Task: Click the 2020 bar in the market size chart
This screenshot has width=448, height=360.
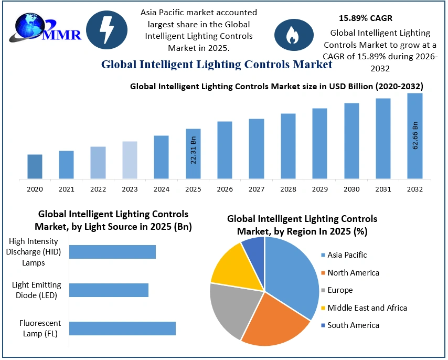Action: point(35,166)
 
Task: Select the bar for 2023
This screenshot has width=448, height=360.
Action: point(130,160)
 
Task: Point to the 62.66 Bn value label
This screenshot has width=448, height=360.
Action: point(415,136)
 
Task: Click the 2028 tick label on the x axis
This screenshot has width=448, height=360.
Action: point(288,189)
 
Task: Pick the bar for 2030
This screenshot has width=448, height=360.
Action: point(351,141)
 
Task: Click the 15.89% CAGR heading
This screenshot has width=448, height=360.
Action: point(366,18)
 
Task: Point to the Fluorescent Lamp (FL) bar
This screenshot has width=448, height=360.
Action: point(122,329)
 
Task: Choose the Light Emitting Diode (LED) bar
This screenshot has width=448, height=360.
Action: point(109,290)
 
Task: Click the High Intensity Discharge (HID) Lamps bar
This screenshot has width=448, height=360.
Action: point(112,252)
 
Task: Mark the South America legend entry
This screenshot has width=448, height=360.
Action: point(349,325)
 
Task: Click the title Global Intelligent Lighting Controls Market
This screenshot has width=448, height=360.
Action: point(216,65)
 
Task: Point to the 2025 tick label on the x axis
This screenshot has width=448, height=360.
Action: point(193,189)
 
